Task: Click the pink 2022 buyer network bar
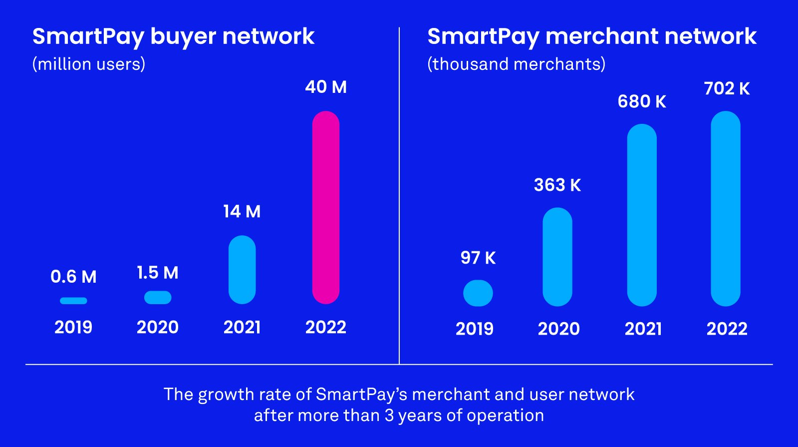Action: (326, 207)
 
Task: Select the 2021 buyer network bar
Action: (242, 270)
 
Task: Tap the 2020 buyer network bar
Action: (158, 298)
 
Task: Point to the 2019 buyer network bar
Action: (73, 301)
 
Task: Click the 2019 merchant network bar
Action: (478, 293)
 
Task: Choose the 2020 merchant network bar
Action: (557, 257)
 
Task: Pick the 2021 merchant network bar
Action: (642, 215)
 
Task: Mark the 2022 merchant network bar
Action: (726, 208)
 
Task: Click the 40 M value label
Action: (326, 87)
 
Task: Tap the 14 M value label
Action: (242, 212)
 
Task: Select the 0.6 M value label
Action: (73, 277)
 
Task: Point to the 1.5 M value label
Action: (158, 273)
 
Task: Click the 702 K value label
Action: (727, 89)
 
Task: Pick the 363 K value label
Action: (557, 185)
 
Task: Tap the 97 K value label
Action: (478, 258)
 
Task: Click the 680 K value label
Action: (642, 102)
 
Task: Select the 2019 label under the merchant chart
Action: (475, 329)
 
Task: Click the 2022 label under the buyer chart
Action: (326, 327)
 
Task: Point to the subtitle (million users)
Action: (89, 64)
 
